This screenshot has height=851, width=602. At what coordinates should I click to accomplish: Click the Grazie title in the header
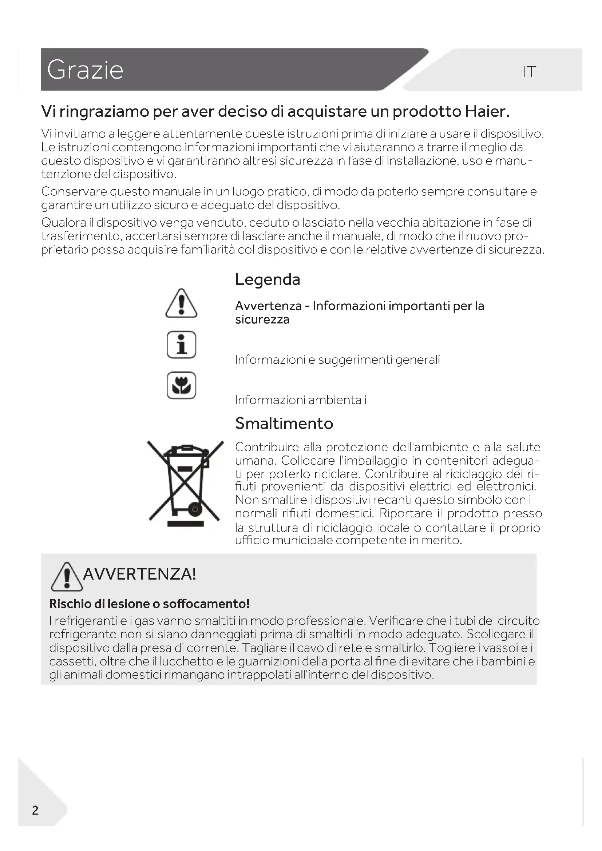(85, 70)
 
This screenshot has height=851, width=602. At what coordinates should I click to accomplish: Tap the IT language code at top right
(529, 72)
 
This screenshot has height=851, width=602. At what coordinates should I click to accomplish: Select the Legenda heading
(267, 279)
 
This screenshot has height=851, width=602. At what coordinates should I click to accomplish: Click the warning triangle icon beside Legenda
(181, 303)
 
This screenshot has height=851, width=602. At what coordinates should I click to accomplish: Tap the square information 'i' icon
(181, 345)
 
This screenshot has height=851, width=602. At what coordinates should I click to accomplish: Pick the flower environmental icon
(181, 385)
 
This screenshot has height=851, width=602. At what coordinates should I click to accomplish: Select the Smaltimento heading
(284, 423)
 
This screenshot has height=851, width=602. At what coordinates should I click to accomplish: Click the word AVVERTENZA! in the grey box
(139, 574)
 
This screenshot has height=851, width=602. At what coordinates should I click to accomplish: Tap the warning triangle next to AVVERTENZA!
(67, 577)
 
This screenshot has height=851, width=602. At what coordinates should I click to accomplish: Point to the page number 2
(35, 810)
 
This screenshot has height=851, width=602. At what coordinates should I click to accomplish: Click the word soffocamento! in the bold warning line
(206, 604)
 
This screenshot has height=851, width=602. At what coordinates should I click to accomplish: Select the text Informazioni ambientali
(301, 400)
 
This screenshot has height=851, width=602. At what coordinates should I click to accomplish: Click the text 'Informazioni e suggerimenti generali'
(337, 359)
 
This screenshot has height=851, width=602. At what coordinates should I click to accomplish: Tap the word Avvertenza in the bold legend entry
(268, 306)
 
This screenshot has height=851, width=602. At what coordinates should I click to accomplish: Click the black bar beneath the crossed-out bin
(185, 524)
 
